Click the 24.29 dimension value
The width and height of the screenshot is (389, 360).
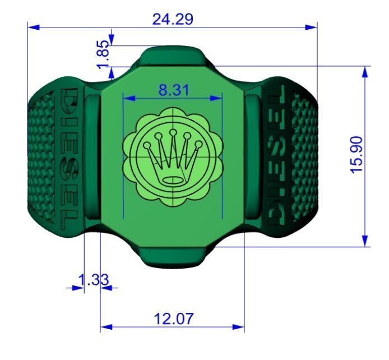pyautogui.click(x=173, y=19)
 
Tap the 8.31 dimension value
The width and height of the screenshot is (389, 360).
pyautogui.click(x=173, y=90)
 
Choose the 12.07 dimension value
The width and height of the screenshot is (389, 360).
pyautogui.click(x=173, y=319)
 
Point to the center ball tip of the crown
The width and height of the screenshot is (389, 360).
pyautogui.click(x=173, y=132)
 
